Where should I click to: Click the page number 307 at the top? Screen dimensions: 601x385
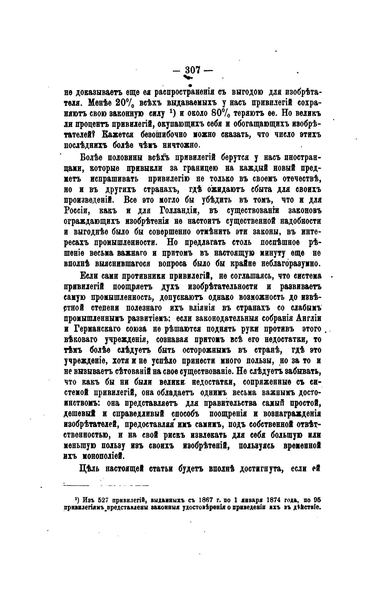point(193,70)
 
